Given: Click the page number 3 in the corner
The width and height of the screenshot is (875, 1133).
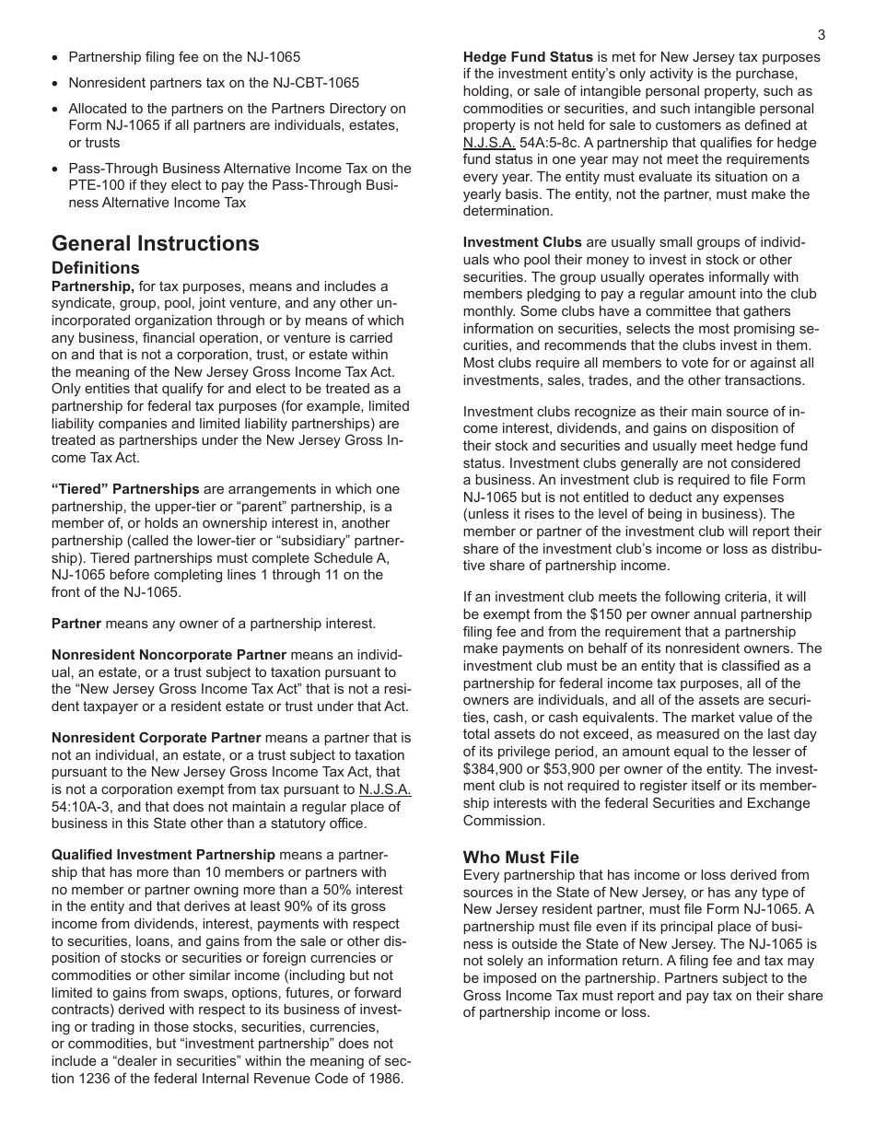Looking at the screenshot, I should tap(821, 35).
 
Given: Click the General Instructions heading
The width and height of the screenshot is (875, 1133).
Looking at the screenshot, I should tap(156, 243).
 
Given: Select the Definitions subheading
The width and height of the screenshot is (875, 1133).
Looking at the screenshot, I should tap(96, 268).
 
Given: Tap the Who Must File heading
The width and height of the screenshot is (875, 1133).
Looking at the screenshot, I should tap(520, 858).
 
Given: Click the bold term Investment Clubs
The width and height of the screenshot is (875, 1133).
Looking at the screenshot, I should tap(522, 242).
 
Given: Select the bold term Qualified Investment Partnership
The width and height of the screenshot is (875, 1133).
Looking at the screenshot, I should tap(163, 855).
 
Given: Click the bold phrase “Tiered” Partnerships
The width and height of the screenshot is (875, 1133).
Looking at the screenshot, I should tap(125, 489).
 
